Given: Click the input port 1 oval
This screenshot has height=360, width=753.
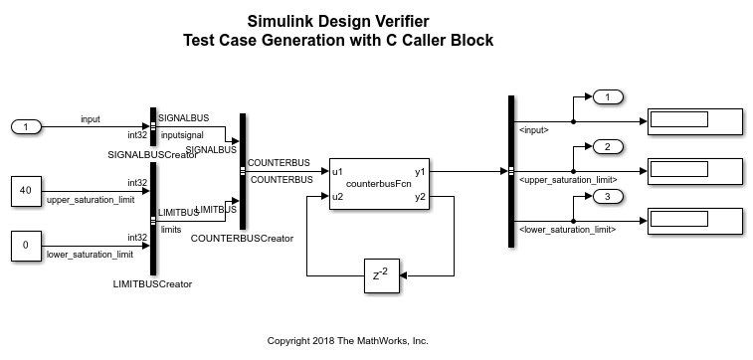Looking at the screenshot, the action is tap(27, 127).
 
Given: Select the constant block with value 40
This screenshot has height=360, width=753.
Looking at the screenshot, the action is tap(27, 191).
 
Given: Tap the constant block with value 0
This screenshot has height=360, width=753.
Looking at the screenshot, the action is tap(27, 246).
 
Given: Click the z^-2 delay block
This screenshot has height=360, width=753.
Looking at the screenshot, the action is tap(382, 275).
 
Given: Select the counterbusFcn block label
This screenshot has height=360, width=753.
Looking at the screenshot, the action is tap(379, 184).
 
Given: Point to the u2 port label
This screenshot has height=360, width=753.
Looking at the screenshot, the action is tap(337, 196).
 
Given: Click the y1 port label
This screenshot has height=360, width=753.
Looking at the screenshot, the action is tap(420, 171).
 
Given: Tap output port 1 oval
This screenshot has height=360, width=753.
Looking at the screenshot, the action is tap(608, 97).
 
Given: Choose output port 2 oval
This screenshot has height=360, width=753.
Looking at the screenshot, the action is tap(608, 146).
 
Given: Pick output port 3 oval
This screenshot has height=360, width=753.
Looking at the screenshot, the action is tap(608, 197).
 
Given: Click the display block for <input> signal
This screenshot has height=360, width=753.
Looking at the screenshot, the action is tap(695, 121).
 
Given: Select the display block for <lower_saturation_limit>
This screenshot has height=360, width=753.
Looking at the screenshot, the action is tap(695, 221).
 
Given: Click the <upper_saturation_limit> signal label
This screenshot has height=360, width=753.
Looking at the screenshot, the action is tap(568, 180).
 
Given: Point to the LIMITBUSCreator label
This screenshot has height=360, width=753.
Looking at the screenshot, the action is tap(152, 284).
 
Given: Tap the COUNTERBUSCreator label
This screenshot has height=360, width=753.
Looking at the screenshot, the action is tap(242, 238).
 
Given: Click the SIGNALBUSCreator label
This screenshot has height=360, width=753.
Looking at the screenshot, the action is tap(153, 155).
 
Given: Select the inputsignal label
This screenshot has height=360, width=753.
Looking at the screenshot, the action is tap(182, 135).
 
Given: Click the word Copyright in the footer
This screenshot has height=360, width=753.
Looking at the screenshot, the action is tap(287, 341).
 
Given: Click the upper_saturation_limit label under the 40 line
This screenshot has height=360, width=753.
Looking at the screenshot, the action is tap(91, 200).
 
